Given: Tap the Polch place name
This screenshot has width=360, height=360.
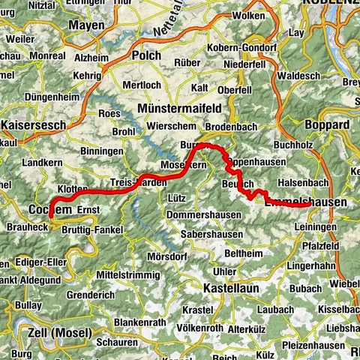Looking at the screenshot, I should coord(145,55).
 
